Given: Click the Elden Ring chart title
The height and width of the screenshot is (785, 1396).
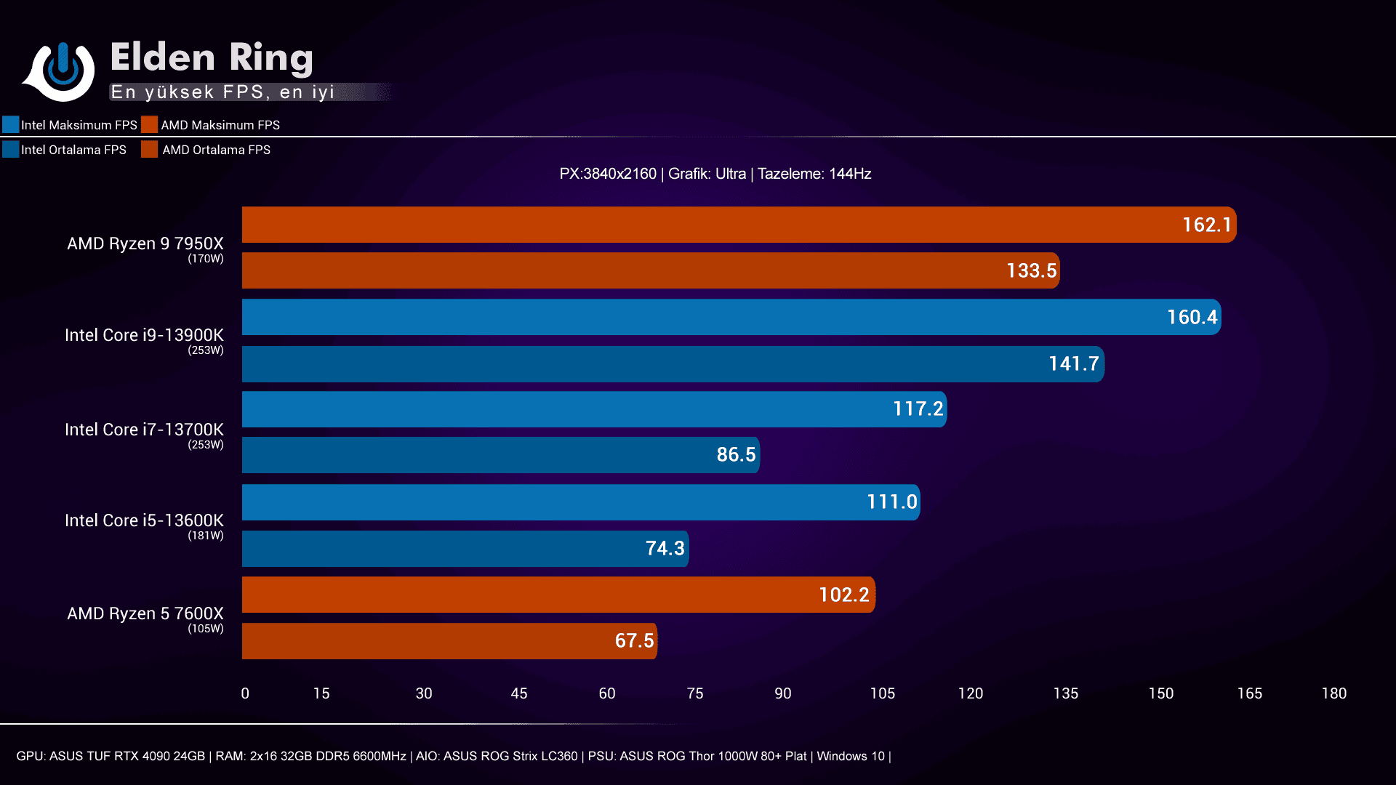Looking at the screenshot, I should point(212,57).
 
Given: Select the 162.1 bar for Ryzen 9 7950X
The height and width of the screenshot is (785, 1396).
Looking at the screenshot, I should point(738,225).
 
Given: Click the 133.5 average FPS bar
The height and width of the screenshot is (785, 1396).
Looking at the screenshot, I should point(650,270).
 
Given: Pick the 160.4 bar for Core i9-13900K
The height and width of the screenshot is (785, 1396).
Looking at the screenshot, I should point(731,317).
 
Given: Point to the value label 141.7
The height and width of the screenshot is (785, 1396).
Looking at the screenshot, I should point(1073,363).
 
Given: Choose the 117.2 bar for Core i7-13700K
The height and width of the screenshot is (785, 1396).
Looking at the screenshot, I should point(593,409).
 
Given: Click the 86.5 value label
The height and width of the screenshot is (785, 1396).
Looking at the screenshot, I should point(736,455).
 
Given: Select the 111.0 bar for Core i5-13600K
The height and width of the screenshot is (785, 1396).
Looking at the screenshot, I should point(580,502).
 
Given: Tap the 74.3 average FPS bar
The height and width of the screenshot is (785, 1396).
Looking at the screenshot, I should point(465,549).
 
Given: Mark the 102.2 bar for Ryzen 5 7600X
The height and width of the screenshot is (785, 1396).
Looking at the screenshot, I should point(558,595).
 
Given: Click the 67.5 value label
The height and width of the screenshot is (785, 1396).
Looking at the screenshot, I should point(634,641).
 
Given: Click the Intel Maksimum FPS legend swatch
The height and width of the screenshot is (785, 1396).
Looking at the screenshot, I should point(11,124).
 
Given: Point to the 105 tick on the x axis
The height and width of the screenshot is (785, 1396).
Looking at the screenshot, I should point(882,693).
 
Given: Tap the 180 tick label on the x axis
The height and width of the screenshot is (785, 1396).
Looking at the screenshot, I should point(1333,693).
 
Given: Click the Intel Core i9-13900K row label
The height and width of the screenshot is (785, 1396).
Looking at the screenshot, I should point(144,335).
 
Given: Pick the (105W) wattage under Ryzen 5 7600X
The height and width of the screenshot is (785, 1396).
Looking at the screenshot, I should point(206,629).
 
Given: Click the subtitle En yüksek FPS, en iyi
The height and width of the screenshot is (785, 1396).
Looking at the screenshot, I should point(222,92).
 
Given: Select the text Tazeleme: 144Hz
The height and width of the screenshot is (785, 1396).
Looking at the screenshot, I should point(814,174).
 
